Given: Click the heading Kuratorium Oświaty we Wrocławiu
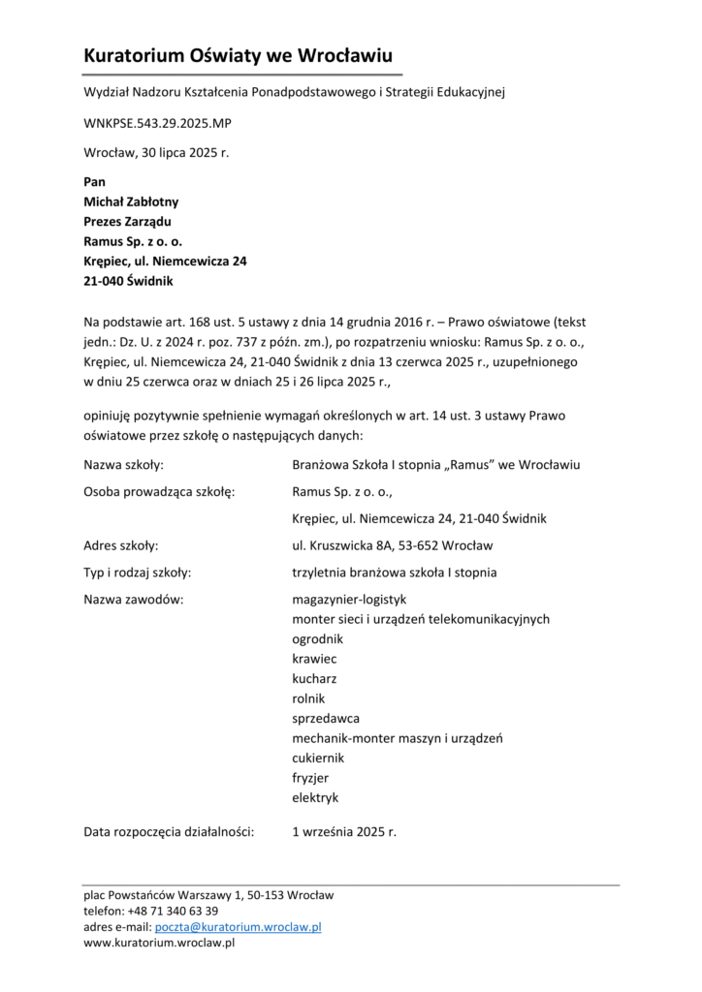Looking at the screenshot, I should click(x=238, y=56).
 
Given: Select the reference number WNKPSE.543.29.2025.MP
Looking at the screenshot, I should click(x=157, y=124).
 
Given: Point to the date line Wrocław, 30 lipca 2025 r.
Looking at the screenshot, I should click(x=156, y=153).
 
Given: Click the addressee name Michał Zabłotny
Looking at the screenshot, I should click(x=131, y=201).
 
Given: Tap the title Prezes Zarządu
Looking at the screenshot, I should click(x=127, y=222).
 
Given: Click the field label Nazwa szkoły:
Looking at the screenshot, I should click(x=123, y=464).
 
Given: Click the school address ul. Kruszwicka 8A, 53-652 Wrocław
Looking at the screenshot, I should click(x=392, y=545).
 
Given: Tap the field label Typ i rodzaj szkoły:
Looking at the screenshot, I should click(x=137, y=573).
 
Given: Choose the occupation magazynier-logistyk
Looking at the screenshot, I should click(x=349, y=600).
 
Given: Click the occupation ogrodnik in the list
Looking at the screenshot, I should click(x=318, y=639).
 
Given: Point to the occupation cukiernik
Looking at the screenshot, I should click(x=318, y=758).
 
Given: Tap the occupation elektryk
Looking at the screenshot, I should click(x=315, y=797).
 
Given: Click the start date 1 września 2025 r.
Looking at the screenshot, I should click(x=344, y=831).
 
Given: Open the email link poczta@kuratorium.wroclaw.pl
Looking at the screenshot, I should click(x=239, y=927).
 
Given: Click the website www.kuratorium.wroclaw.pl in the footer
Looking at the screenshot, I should click(x=160, y=943).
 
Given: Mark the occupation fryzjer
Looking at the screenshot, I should click(x=311, y=778).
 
